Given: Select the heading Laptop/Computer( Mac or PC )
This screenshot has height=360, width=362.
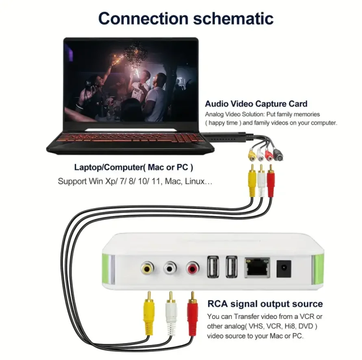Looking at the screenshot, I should [x=134, y=167].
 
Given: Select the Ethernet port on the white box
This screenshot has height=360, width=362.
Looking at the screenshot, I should [x=257, y=267].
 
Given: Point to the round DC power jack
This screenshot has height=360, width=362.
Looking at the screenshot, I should [x=284, y=268].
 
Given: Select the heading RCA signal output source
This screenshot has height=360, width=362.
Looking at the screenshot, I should [x=265, y=304].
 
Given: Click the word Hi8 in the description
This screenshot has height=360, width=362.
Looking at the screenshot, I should [x=288, y=326].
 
